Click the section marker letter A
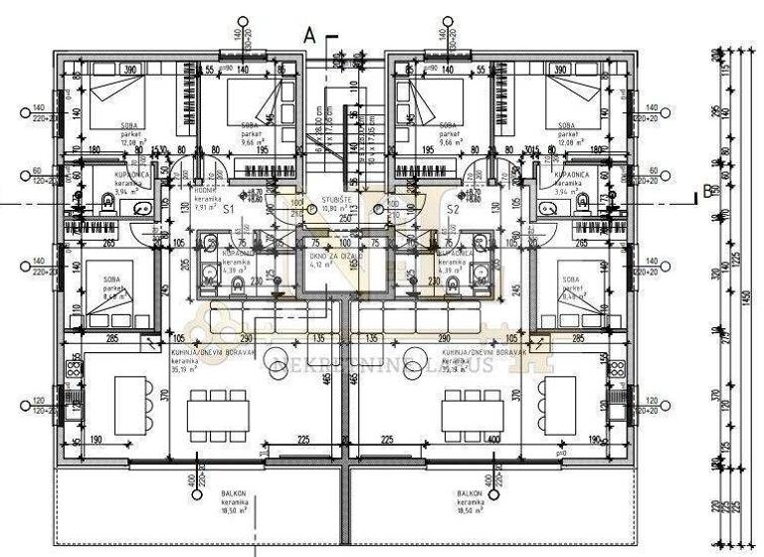coord(309,35)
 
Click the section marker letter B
coord(707,192)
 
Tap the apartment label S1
coord(228,210)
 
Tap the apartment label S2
coord(453,210)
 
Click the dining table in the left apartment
coord(217,410)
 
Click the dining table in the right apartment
coord(473,410)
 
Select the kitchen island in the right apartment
coord(557,406)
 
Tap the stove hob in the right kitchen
coord(616,367)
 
